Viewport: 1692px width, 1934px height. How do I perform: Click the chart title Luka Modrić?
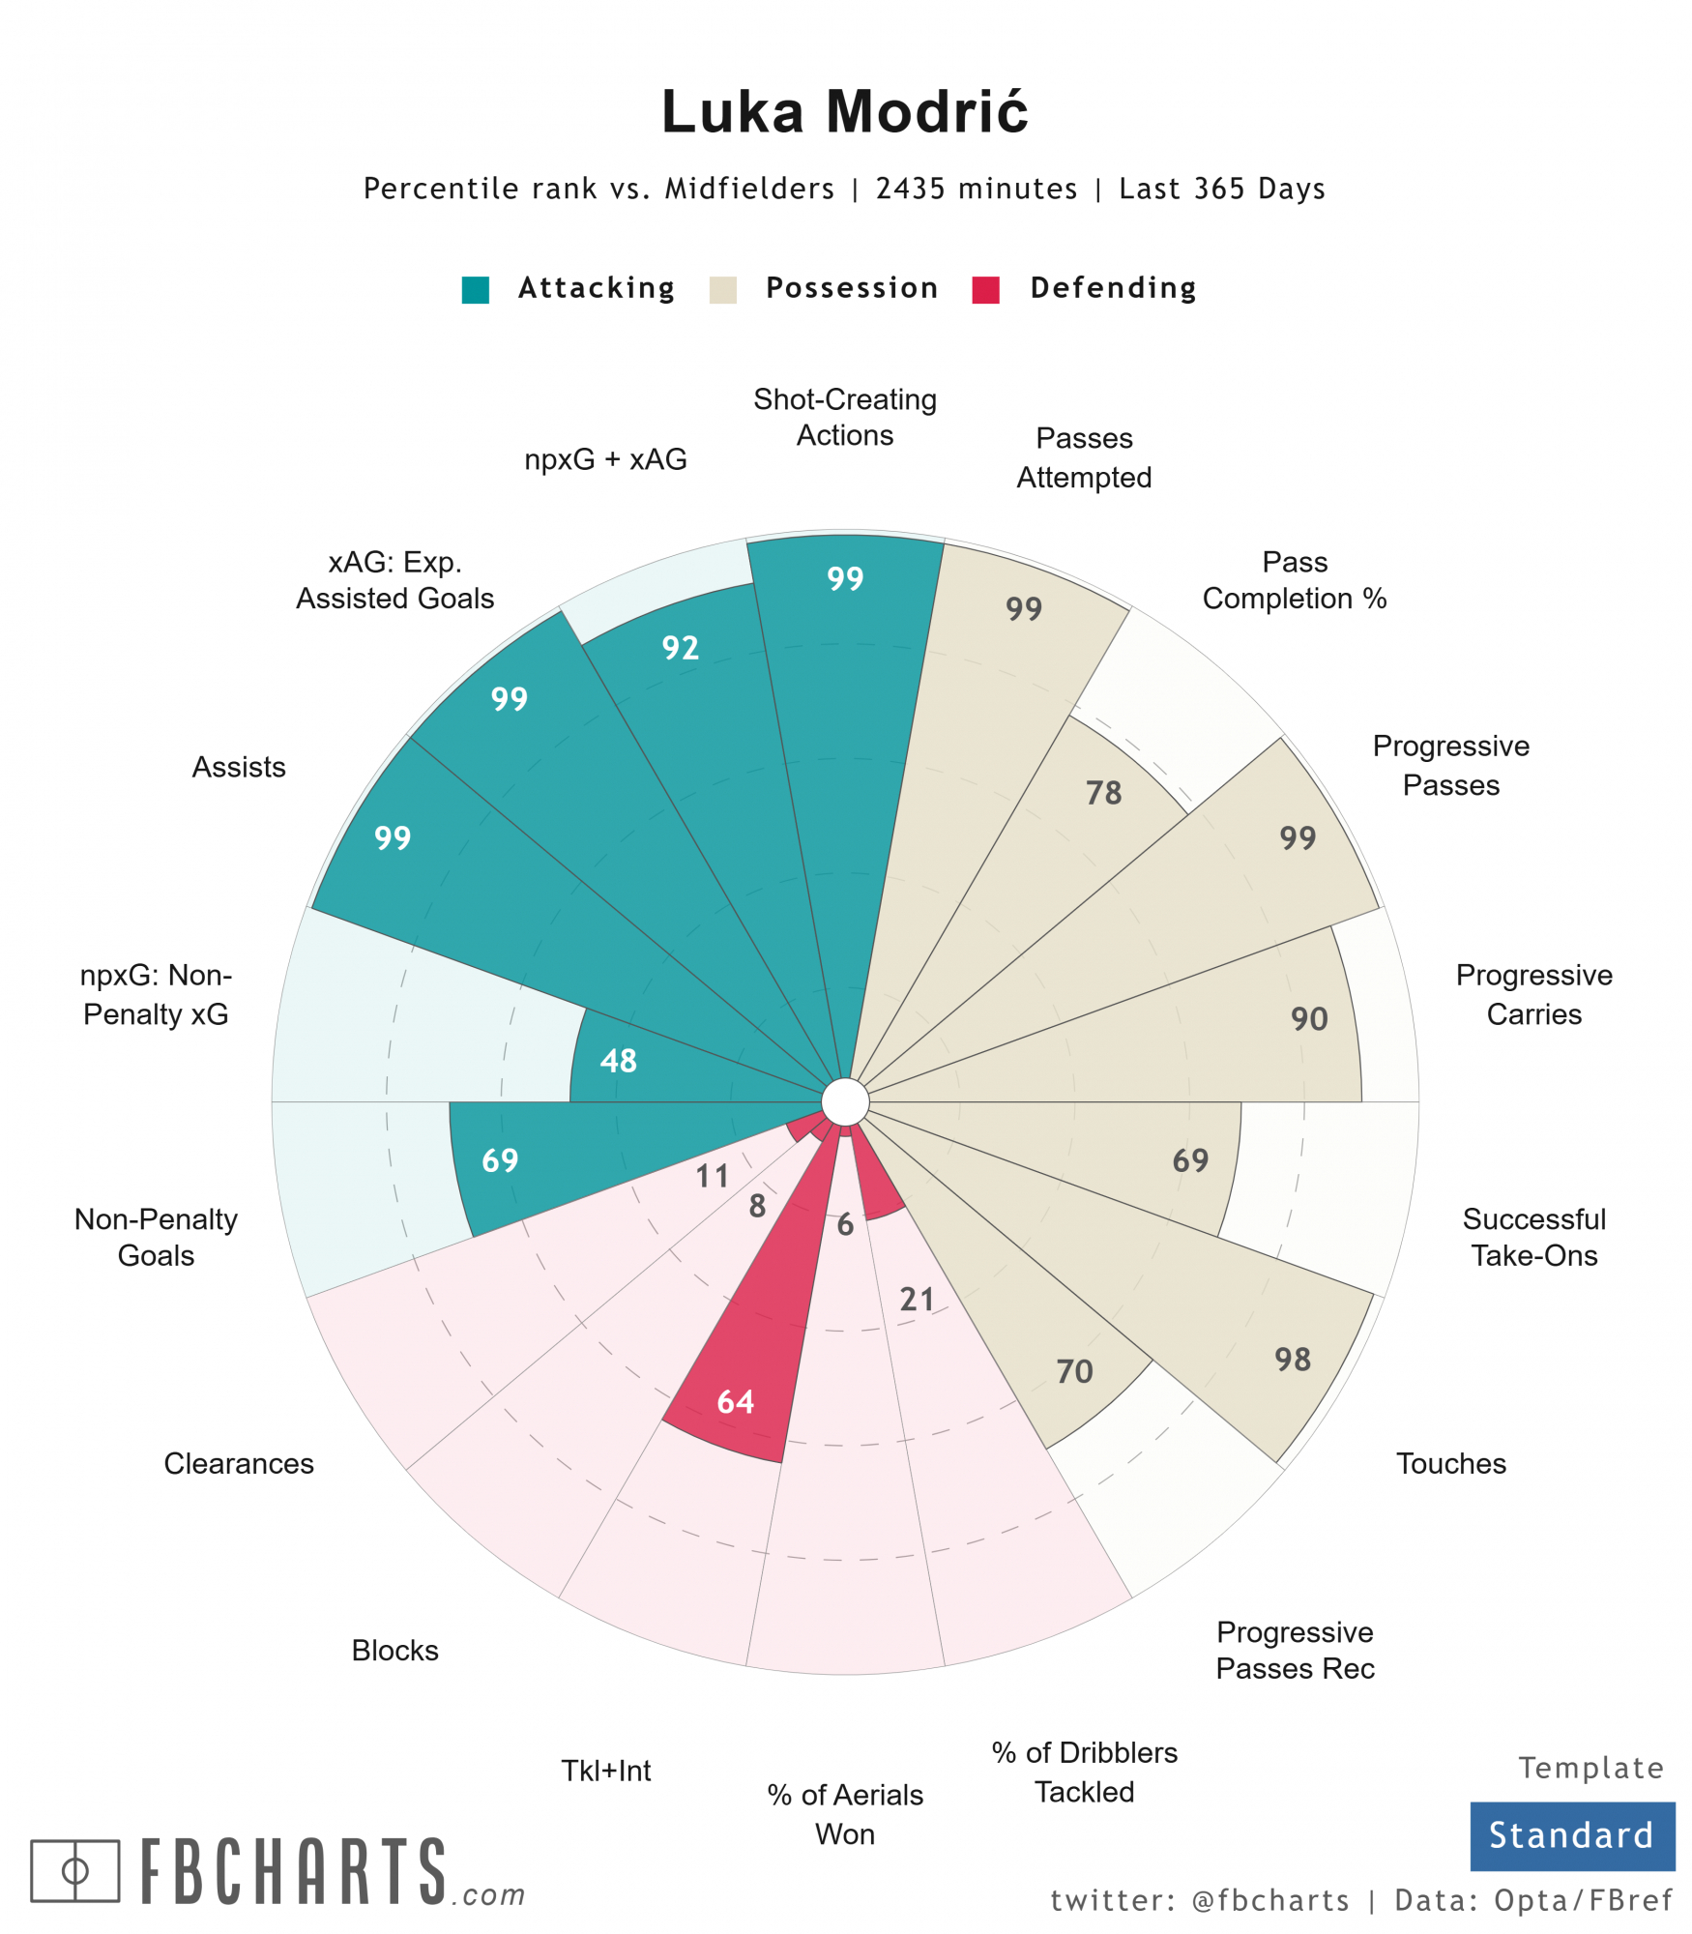(844, 111)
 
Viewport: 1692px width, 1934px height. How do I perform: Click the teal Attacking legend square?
(475, 289)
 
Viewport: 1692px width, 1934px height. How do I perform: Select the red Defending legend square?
(985, 289)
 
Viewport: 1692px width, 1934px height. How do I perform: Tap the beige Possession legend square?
(722, 289)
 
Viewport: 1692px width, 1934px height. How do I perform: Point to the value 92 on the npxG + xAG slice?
(680, 647)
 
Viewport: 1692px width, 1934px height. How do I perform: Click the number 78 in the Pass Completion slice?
(1103, 793)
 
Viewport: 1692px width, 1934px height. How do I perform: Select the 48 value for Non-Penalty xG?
(618, 1061)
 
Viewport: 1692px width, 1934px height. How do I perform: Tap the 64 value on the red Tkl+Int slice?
(735, 1401)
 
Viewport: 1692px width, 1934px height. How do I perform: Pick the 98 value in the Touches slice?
(1292, 1360)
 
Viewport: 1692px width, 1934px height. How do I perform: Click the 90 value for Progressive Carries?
(1309, 1018)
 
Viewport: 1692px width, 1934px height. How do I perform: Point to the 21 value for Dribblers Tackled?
(917, 1299)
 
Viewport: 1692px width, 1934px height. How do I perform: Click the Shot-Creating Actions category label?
(844, 417)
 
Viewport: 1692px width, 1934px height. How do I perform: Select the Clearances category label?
(239, 1463)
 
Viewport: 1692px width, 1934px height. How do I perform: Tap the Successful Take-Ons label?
(1533, 1237)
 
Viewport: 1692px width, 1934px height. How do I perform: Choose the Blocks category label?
(394, 1650)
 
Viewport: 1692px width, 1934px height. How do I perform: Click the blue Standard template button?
(1571, 1834)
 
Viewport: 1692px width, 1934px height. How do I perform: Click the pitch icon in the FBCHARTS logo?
(74, 1870)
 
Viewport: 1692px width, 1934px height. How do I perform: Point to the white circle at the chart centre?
(845, 1101)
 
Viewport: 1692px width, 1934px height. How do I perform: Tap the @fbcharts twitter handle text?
(1270, 1900)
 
